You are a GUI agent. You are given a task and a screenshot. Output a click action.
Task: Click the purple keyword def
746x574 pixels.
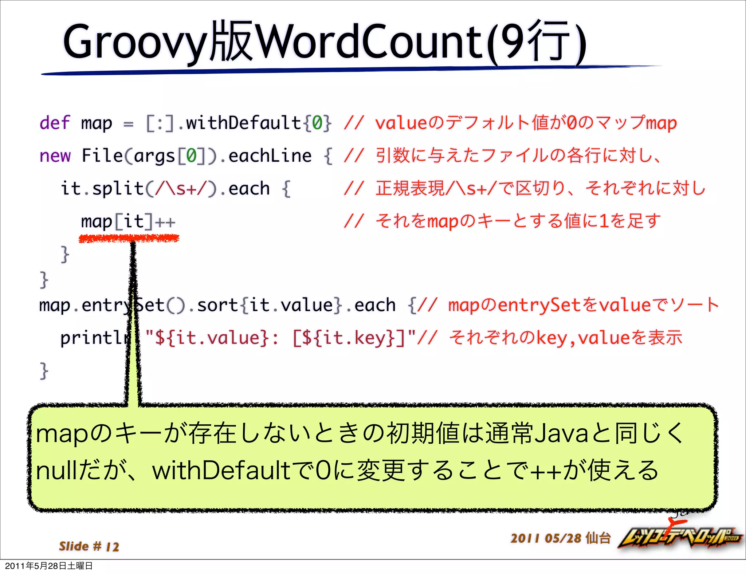(54, 123)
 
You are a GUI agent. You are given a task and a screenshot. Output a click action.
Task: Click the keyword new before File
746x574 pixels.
(55, 156)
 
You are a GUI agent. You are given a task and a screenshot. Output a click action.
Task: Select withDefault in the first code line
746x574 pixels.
(243, 123)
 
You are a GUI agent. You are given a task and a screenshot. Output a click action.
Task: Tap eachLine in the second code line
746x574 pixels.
(270, 156)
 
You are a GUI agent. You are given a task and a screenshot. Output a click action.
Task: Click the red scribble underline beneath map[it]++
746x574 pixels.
(129, 239)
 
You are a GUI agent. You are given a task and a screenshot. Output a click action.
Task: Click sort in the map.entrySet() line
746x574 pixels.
(217, 305)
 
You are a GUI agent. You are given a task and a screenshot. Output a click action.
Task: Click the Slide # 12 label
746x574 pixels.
(89, 546)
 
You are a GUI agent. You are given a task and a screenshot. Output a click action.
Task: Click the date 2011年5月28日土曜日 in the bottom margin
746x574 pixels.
(49, 566)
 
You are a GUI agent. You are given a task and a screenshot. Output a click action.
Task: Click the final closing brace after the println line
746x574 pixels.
(44, 371)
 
